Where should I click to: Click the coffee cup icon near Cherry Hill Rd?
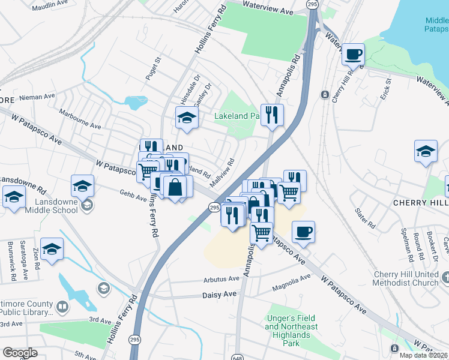[353, 55]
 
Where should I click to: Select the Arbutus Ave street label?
[221, 279]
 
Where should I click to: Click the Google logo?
[20, 352]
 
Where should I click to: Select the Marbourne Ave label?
[80, 119]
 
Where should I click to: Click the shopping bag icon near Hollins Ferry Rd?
[175, 186]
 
